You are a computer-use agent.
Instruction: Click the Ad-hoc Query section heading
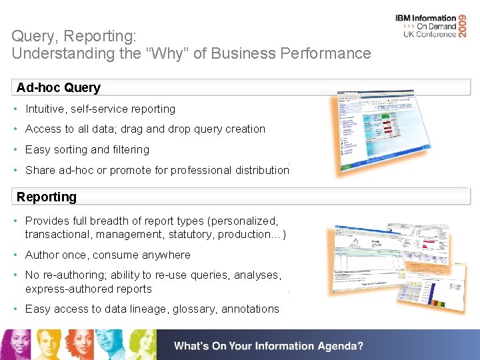coord(59,88)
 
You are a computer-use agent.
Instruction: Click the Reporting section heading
coord(47,197)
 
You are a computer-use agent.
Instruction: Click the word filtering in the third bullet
coord(131,150)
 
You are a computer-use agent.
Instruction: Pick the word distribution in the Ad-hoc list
coord(258,170)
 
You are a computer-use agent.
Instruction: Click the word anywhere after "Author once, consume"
coord(167,255)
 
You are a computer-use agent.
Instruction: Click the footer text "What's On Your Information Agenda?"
coord(269,346)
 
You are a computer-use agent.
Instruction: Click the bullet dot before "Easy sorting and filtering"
coord(15,150)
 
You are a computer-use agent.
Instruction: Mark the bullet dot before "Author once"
coord(15,255)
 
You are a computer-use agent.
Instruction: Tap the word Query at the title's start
coord(30,36)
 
